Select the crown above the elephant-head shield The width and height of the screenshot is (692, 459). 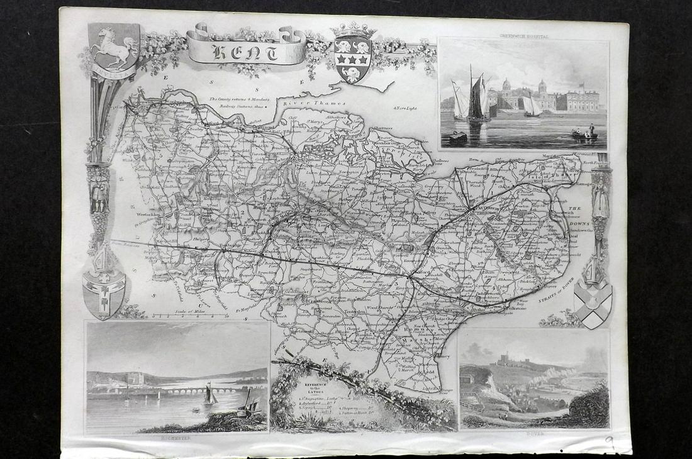click(x=353, y=30)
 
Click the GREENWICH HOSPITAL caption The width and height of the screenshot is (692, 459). click(x=523, y=37)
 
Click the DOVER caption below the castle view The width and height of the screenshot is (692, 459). click(x=534, y=433)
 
